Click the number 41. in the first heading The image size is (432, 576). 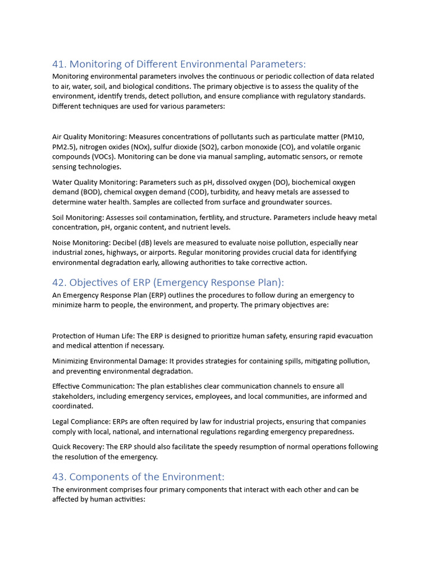point(59,64)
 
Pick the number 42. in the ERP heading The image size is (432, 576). point(59,282)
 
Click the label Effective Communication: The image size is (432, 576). point(94,386)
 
